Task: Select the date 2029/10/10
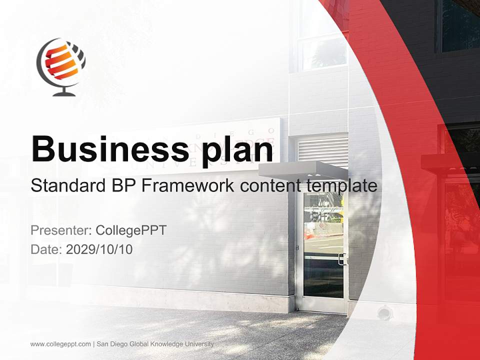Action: point(99,249)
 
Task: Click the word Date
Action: point(46,249)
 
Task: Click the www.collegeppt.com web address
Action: point(60,344)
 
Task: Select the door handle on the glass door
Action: point(341,258)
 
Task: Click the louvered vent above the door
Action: point(322,150)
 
